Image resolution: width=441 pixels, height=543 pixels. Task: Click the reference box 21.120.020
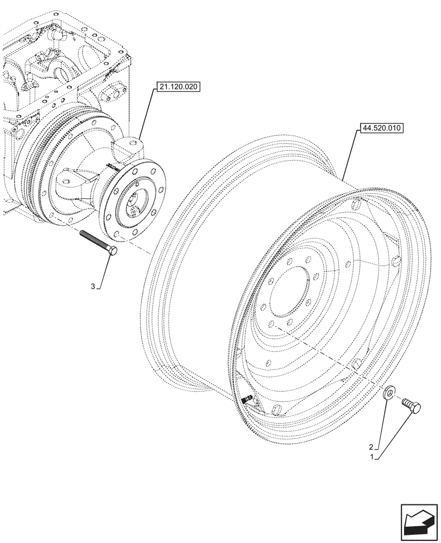[x=178, y=87]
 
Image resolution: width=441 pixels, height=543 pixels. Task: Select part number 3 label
[x=93, y=286]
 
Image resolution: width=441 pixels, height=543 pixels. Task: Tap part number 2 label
[x=371, y=447]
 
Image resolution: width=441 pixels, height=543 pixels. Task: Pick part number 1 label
[x=371, y=458]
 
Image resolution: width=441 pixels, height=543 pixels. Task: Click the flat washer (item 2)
[x=389, y=393]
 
